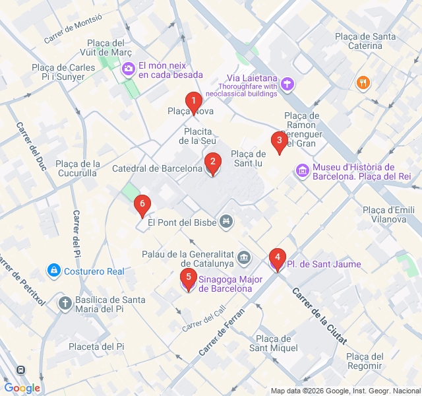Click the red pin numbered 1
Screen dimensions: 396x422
point(193,102)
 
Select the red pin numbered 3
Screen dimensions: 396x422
point(279,141)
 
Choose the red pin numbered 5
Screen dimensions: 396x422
point(189,278)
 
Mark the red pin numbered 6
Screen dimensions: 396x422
point(141,204)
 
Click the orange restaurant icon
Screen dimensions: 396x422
point(362,82)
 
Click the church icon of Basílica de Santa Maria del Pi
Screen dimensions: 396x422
point(65,303)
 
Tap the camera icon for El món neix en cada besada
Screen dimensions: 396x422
point(128,67)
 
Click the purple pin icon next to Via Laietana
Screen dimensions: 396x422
point(287,83)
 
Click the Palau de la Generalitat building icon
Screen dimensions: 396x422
point(245,257)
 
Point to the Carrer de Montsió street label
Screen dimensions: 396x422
point(73,30)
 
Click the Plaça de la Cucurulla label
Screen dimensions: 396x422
point(78,168)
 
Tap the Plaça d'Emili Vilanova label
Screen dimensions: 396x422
point(388,214)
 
